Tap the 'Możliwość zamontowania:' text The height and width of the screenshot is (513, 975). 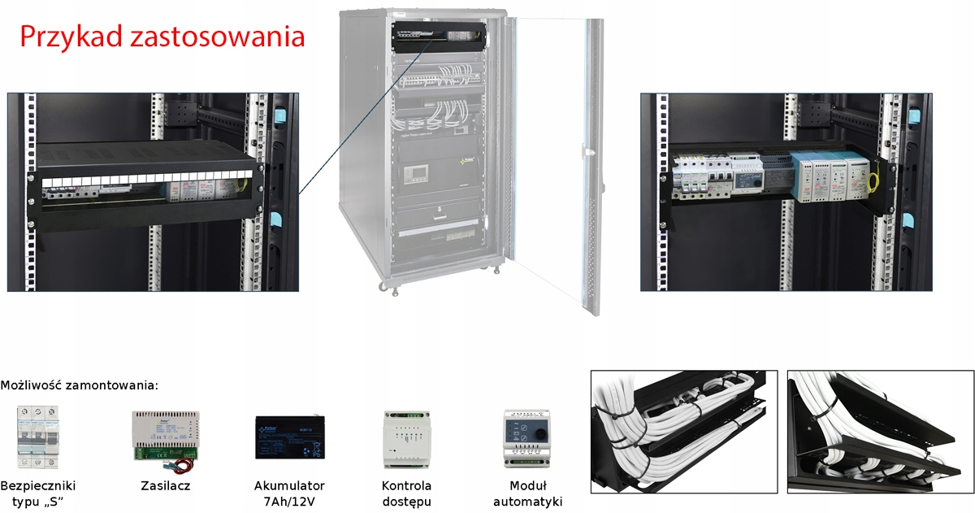[80, 385]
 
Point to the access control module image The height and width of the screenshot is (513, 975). [406, 438]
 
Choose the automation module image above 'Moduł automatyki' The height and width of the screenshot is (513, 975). [527, 438]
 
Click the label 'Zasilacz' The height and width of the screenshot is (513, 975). [164, 486]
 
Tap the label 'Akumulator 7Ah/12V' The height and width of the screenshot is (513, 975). [289, 493]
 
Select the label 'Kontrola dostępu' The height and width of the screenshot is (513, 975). [406, 493]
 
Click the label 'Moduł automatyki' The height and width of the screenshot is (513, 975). [527, 493]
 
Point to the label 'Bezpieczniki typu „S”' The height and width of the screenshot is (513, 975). [37, 493]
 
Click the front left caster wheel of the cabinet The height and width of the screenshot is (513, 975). [382, 285]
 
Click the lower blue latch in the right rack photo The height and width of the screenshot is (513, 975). [908, 220]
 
